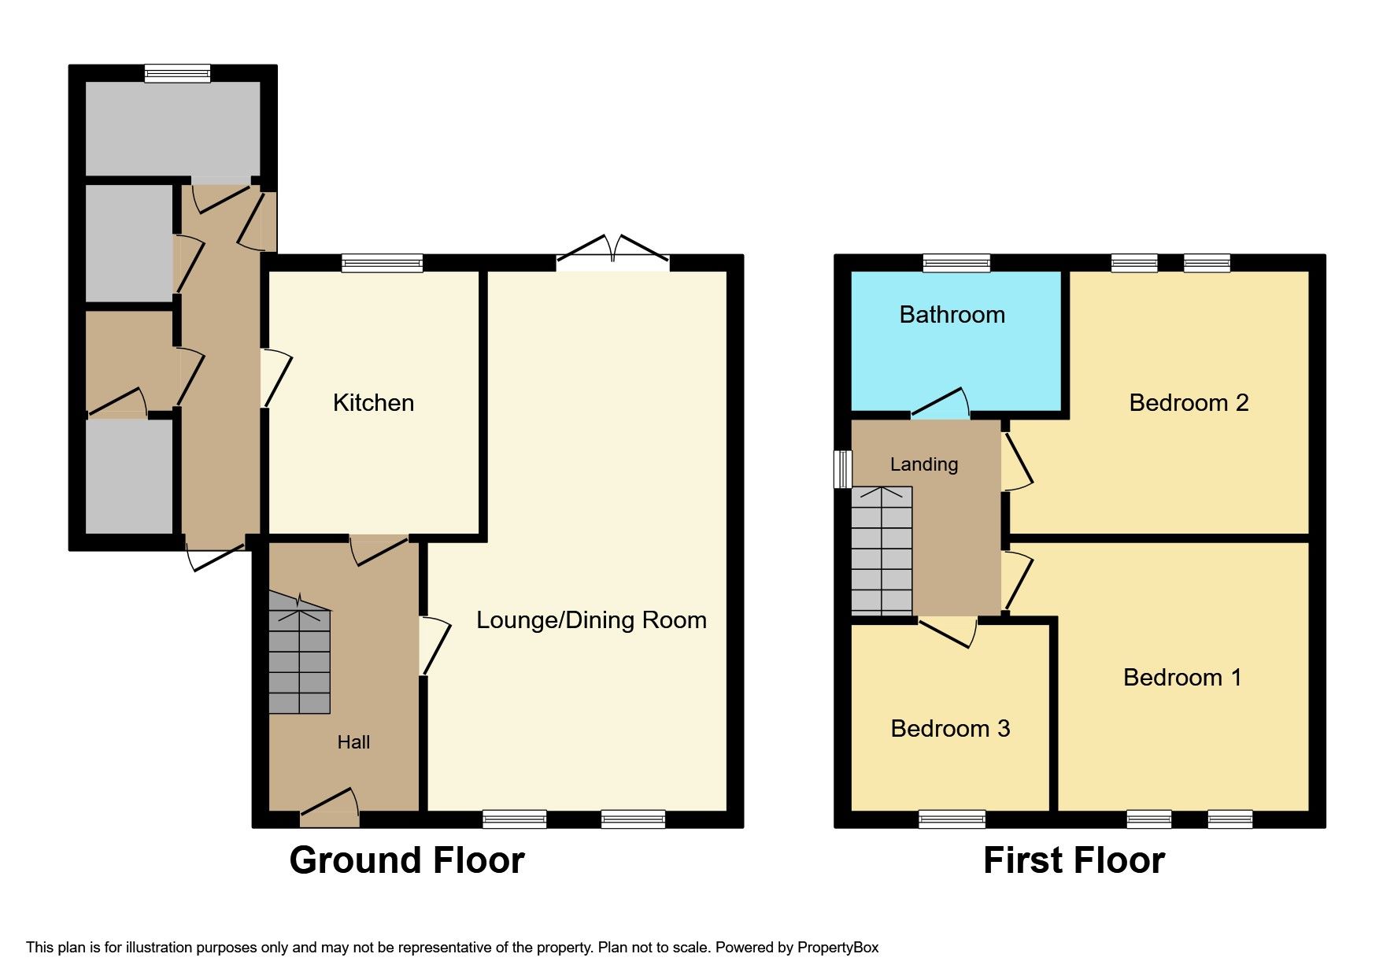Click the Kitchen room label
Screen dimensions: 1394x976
point(373,403)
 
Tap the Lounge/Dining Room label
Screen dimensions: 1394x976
point(591,620)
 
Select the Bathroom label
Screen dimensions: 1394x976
point(952,315)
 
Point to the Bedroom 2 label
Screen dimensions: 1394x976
point(1189,403)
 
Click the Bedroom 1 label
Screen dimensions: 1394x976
point(1182,678)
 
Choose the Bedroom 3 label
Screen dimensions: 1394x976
point(950,729)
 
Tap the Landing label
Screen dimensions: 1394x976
point(924,464)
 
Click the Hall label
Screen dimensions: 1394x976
point(353,742)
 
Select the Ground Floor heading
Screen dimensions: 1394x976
point(407,860)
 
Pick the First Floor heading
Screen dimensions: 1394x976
point(1074,860)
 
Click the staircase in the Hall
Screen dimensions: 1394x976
point(299,653)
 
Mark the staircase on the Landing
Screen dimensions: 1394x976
point(882,551)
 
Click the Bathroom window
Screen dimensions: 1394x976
point(956,263)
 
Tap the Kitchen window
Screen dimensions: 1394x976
point(383,263)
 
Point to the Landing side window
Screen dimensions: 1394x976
point(843,469)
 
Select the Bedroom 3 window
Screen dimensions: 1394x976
point(952,819)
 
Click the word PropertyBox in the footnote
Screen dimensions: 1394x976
point(838,948)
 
